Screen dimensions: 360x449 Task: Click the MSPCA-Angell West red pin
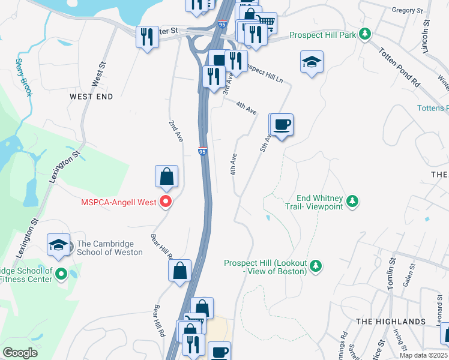(167, 202)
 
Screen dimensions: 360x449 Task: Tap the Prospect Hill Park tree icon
(364, 35)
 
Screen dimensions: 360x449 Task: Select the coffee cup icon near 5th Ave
(282, 124)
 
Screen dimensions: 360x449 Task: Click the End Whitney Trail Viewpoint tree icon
(353, 201)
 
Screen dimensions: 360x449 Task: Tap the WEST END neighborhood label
(91, 96)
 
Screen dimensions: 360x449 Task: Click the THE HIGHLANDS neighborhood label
(391, 322)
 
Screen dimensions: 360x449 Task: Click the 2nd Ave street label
(175, 131)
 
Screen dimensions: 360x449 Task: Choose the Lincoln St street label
(426, 35)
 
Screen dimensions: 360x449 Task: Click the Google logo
(20, 353)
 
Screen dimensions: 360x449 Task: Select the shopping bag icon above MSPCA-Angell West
(167, 176)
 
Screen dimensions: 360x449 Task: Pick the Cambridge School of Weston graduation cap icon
(58, 245)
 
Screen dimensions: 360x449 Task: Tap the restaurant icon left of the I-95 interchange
(147, 38)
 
